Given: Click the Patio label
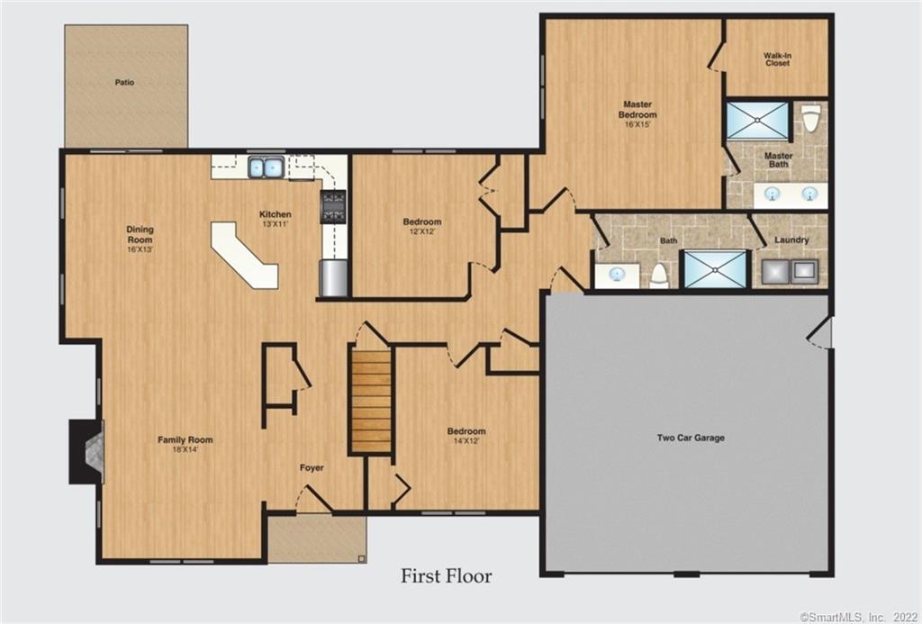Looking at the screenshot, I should (124, 82).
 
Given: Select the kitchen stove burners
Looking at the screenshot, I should (333, 206).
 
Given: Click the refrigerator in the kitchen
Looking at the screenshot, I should (333, 277).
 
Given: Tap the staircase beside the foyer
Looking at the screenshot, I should (371, 401).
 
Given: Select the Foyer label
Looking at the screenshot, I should (312, 468).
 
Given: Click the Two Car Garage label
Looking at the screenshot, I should (691, 438).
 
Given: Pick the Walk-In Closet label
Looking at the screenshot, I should (777, 59).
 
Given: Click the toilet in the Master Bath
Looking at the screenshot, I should (810, 118).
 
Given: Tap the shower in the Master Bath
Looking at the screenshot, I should (757, 121).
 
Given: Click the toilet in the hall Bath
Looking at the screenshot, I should (660, 275).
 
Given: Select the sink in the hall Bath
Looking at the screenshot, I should (618, 274).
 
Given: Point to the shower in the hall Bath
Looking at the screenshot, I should (716, 269).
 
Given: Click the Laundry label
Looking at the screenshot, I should (791, 240).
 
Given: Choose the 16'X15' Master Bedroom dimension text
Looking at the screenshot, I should (637, 124).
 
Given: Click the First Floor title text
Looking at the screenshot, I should (447, 575).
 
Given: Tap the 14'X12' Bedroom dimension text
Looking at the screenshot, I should (466, 441).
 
